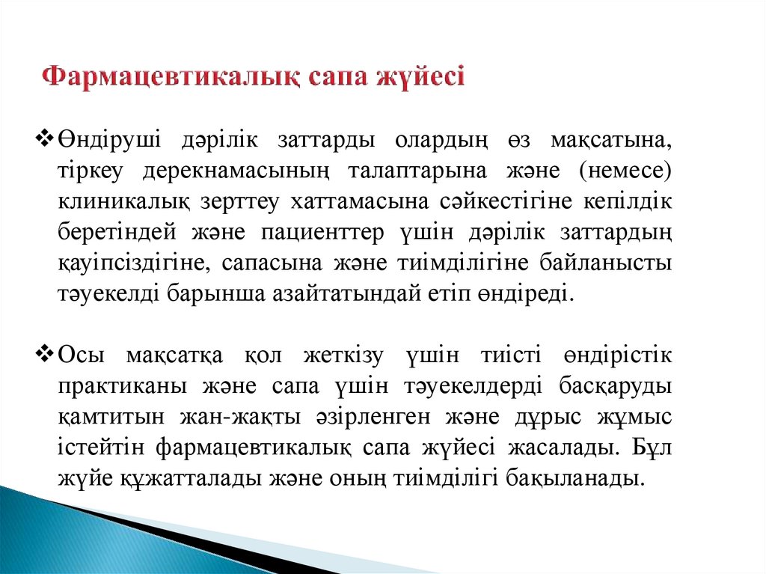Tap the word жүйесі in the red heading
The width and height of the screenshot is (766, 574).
point(423,78)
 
